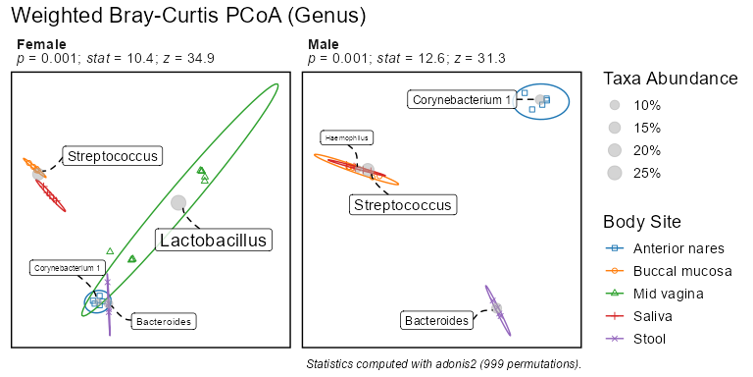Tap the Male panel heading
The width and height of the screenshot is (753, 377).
(x=324, y=45)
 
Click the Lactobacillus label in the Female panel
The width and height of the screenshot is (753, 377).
(x=213, y=240)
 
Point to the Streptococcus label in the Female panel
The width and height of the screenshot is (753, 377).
(x=113, y=156)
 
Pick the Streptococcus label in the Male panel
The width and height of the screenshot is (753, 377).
(x=403, y=205)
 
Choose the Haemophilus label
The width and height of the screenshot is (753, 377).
(x=347, y=138)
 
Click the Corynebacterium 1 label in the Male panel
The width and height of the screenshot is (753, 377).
(x=461, y=100)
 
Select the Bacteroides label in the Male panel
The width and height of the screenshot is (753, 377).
(x=436, y=320)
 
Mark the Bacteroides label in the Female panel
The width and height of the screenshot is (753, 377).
(x=164, y=322)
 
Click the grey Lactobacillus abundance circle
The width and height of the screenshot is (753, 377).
(x=178, y=202)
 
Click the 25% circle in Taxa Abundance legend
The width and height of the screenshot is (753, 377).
(x=615, y=173)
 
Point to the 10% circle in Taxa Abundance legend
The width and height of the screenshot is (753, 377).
(x=615, y=105)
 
